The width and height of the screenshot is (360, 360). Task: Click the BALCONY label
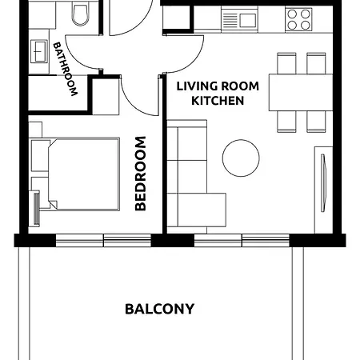pos(159,309)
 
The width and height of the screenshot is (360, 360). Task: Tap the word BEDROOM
pos(141,174)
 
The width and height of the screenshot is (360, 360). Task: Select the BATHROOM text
pos(66,69)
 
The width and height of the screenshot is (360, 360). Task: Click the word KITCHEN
pos(218,101)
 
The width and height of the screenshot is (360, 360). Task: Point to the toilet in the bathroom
pos(80,14)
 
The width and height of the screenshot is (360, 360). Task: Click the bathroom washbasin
pos(39,51)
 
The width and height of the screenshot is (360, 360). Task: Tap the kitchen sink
pos(239,19)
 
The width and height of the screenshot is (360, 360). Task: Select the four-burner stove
pos(298,19)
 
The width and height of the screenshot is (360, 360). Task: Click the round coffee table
pos(241,158)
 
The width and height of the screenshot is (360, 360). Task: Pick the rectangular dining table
pos(301,92)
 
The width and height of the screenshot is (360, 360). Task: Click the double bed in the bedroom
pos(84,174)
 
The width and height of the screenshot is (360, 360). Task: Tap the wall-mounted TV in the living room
pos(323,183)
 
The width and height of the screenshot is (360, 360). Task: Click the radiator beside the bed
pos(36,208)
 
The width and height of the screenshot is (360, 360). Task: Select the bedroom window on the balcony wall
pos(103,240)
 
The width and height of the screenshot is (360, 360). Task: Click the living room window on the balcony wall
pos(242,240)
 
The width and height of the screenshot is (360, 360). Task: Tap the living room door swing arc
pos(194,63)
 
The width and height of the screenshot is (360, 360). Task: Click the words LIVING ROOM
pos(218,86)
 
